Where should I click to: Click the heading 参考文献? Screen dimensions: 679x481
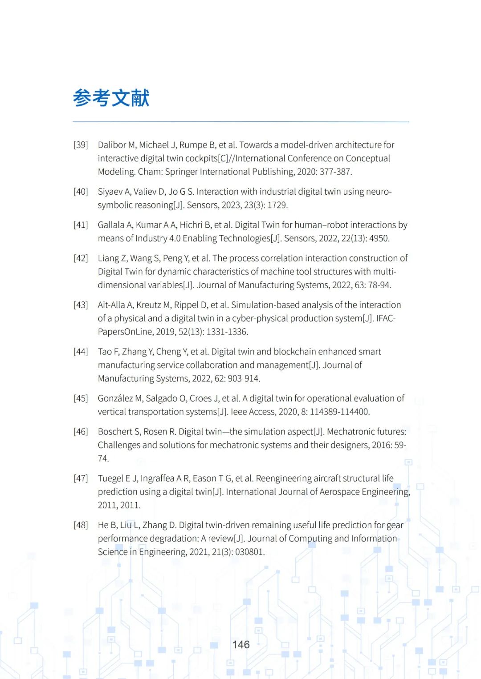(x=111, y=98)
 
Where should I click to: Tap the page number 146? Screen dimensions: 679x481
(x=241, y=644)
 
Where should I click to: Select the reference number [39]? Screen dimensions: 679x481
(x=81, y=145)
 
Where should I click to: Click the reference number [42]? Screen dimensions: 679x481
(x=81, y=258)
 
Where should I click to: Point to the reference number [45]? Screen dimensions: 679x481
(x=81, y=398)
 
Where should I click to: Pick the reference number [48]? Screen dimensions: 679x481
(x=81, y=525)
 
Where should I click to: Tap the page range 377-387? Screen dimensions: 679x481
(x=335, y=172)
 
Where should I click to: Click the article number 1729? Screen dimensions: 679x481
(x=277, y=205)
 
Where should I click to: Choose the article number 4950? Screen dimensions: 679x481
(x=379, y=238)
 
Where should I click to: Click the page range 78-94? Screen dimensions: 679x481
(x=379, y=285)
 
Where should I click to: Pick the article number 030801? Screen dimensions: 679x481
(x=250, y=552)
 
